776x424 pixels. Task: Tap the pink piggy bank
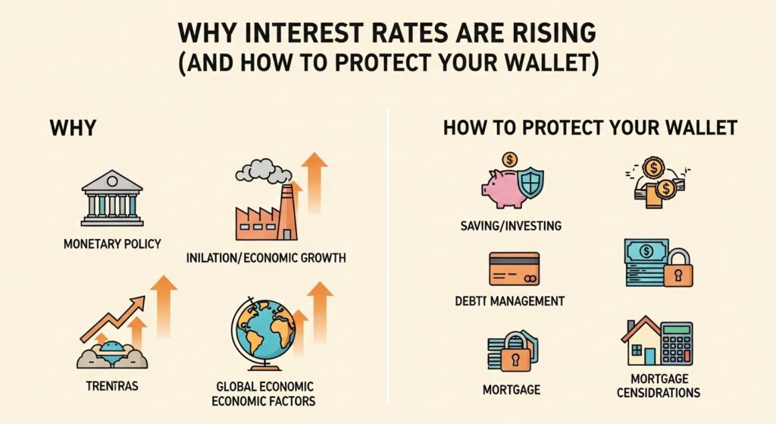point(503,186)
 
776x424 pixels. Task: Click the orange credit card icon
point(514,269)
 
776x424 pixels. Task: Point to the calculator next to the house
point(676,343)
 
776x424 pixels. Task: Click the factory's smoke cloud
point(262,171)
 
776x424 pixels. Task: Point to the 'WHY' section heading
point(73,127)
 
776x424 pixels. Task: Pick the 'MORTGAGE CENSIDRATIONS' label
point(659,386)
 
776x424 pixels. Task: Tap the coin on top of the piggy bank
point(509,159)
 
